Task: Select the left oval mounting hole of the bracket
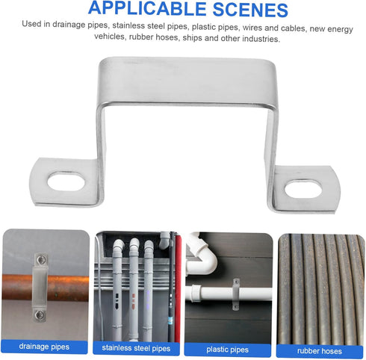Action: (x=66, y=180)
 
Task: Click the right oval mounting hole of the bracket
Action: (x=303, y=187)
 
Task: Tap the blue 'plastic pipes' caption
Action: (x=228, y=347)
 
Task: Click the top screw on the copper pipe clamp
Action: (x=42, y=260)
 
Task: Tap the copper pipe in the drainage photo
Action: (x=67, y=288)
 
